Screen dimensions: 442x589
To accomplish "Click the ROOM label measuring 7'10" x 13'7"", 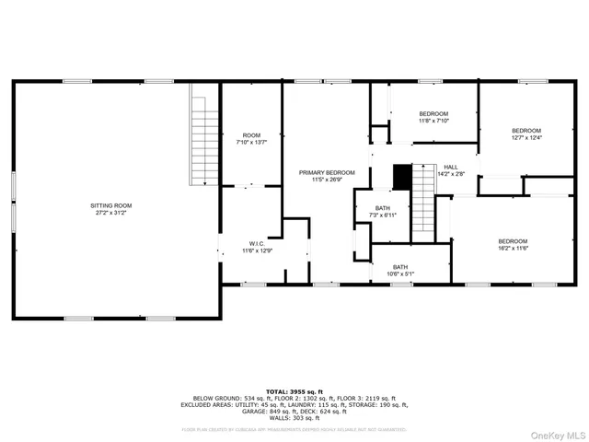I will tap(251, 135).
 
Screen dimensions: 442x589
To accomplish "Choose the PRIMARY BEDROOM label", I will tap(327, 172).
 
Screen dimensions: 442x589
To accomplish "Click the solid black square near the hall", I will tap(401, 175).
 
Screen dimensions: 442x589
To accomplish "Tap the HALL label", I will tap(450, 166).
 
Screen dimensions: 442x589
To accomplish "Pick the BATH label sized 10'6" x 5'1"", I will tap(400, 267).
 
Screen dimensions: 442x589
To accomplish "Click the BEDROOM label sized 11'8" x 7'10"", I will tap(433, 113).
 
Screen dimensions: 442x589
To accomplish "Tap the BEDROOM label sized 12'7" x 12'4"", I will tap(526, 131).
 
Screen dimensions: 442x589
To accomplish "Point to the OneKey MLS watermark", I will tap(555, 432).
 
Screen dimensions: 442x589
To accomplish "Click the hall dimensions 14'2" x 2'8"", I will tap(450, 173).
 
